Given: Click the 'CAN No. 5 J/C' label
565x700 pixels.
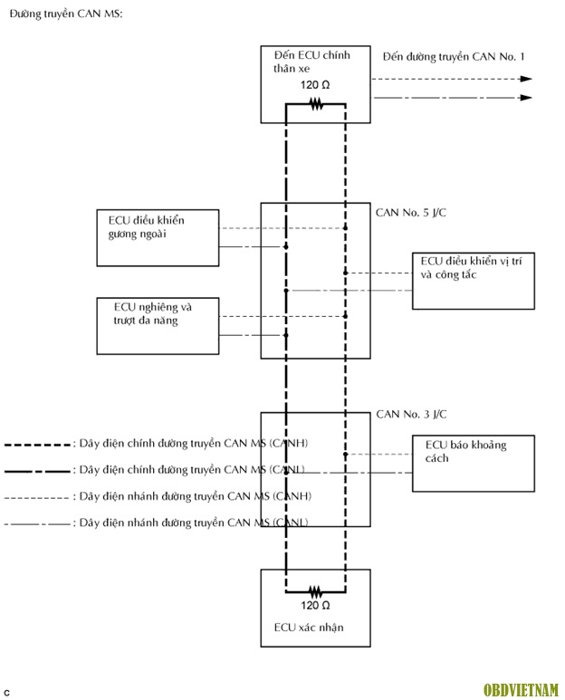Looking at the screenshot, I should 411,214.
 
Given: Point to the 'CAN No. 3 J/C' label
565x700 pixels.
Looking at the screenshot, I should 411,415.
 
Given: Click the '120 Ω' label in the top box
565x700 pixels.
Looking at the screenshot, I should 316,86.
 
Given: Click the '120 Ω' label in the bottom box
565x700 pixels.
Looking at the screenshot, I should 315,604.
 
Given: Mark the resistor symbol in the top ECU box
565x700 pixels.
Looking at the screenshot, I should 316,104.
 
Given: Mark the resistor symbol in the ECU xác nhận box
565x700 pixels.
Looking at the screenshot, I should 316,588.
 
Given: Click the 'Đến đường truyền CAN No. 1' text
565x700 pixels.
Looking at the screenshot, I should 454,56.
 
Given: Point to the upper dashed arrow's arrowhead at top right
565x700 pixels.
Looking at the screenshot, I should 526,79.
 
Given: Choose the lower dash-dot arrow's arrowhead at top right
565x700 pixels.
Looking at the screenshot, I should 526,98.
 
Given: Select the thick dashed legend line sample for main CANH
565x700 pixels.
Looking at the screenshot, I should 38,446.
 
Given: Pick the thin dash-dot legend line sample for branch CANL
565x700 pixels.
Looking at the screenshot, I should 38,523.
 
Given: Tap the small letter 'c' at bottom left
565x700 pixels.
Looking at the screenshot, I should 6,692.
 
